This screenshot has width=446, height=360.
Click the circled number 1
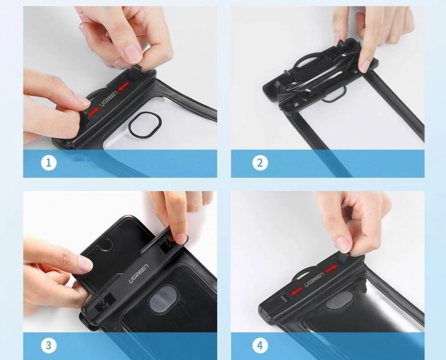click(x=49, y=163)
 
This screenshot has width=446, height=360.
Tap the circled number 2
click(x=260, y=163)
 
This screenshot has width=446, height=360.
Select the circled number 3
click(x=49, y=345)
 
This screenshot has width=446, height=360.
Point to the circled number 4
click(x=260, y=345)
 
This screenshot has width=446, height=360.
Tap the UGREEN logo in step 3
click(x=138, y=274)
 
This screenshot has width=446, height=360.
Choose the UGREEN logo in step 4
click(x=314, y=280)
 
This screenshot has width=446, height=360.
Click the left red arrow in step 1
click(x=93, y=112)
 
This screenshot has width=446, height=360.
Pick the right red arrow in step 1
click(x=123, y=87)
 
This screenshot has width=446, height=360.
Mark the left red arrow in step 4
click(x=296, y=291)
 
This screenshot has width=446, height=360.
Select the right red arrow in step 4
click(x=331, y=269)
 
